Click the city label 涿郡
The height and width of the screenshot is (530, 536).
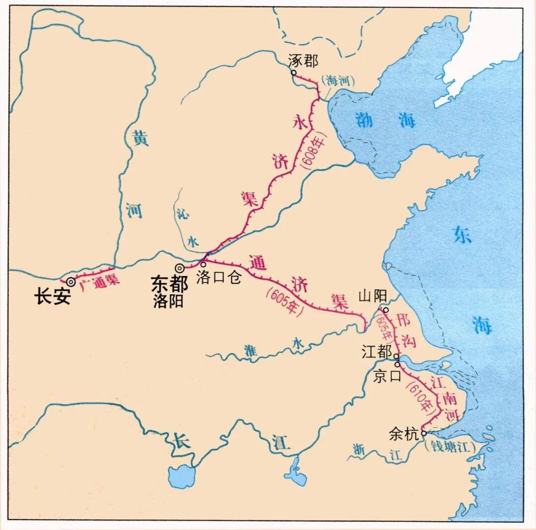pos(303,61)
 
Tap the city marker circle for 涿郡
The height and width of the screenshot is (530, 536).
pos(294,72)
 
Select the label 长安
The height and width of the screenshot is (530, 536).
pos(52,297)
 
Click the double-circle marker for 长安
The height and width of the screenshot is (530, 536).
pos(71,282)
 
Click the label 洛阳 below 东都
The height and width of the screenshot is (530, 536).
pos(168,301)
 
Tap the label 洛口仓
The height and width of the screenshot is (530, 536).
pos(219,278)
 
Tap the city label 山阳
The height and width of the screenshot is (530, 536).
pos(372,297)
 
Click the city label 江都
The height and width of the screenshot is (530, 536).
pos(376,353)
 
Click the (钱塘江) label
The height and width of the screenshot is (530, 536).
pos(450,446)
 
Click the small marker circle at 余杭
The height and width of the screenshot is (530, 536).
pos(423,433)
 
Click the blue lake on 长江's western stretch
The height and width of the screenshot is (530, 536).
pos(182,476)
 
